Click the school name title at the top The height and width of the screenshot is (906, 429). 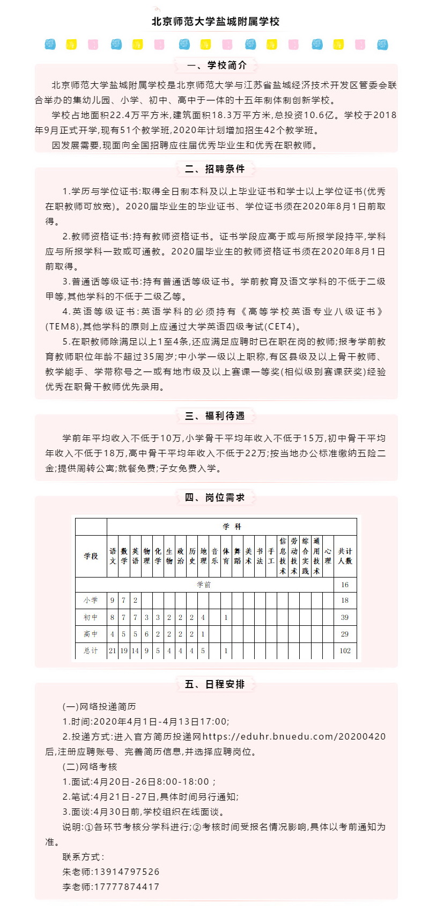click(216, 21)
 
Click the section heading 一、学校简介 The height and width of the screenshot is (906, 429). click(217, 65)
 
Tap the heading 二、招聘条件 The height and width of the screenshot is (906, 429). click(215, 169)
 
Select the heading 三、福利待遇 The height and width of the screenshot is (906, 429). click(215, 416)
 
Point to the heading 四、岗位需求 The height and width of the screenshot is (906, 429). click(215, 498)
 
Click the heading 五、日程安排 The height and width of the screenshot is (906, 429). click(215, 684)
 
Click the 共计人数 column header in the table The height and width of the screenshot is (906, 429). click(345, 556)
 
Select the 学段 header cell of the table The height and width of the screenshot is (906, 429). click(91, 556)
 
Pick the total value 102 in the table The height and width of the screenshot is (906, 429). click(345, 651)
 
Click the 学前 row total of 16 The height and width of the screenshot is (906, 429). click(345, 584)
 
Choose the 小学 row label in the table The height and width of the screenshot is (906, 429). click(91, 600)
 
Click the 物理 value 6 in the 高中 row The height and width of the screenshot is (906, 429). click(146, 634)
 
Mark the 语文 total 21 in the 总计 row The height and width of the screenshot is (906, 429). click(113, 651)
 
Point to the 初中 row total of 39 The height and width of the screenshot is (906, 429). click(345, 617)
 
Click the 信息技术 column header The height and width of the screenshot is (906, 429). click(283, 556)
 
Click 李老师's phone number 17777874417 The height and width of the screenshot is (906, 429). click(127, 887)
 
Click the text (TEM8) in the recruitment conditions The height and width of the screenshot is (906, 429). click(63, 326)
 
